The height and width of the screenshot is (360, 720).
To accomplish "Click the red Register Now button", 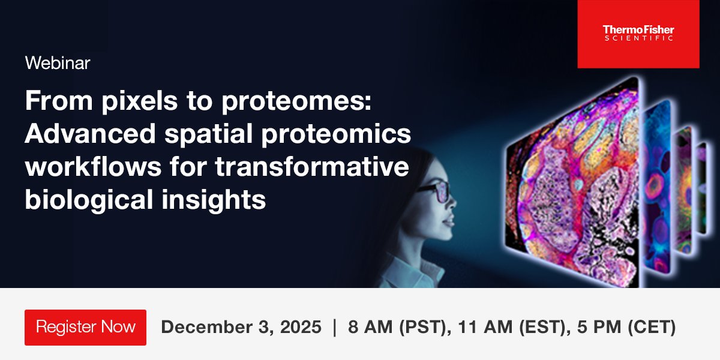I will coord(85,327).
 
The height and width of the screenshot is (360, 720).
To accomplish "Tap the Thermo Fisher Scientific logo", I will coord(638,34).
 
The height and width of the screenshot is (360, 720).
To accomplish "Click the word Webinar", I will coord(58,63).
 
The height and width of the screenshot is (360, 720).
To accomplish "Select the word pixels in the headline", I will coord(128,103).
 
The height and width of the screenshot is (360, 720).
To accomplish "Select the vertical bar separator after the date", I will coord(335,328).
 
